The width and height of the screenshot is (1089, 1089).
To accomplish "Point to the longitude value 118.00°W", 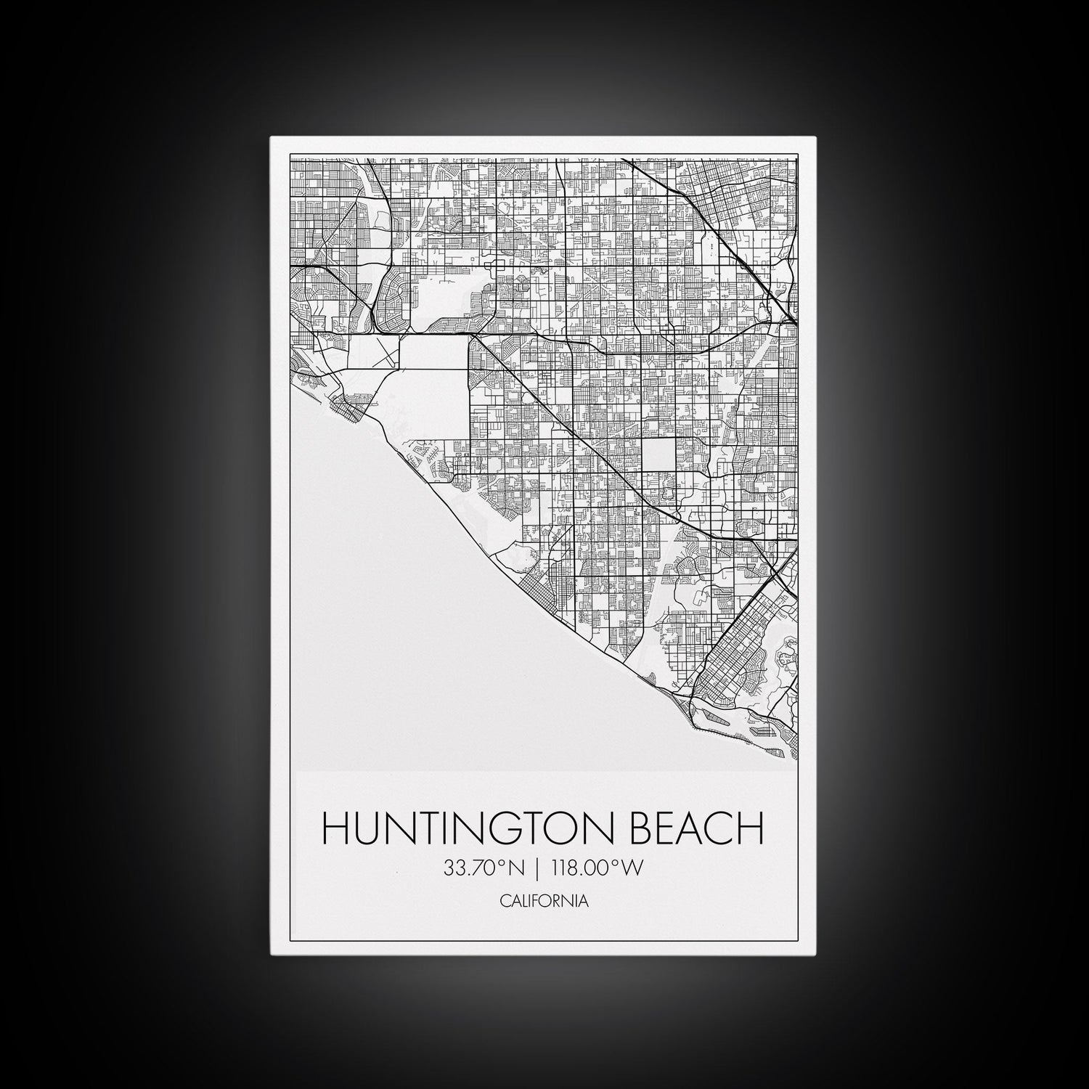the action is (597, 868).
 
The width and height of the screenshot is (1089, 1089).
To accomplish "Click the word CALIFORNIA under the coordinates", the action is (544, 902).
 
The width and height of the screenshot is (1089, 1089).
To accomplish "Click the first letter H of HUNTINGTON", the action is (335, 830).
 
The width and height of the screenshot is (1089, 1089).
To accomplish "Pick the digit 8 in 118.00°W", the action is (574, 868).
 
